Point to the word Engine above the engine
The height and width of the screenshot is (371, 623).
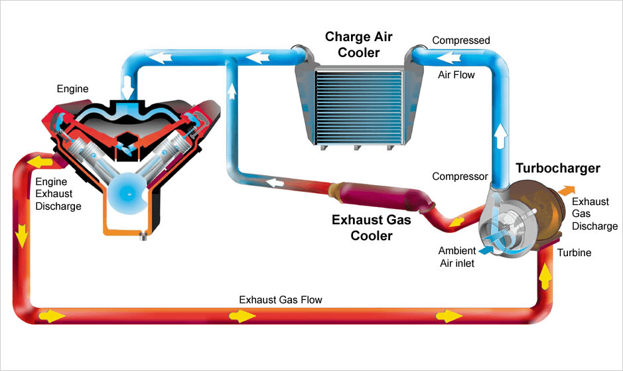[x=72, y=88]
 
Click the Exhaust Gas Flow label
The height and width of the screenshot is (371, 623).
[x=281, y=300]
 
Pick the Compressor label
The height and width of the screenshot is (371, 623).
[x=460, y=177]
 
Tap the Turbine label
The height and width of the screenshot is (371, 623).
[x=574, y=253]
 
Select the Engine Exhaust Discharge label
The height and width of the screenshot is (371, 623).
[x=58, y=194]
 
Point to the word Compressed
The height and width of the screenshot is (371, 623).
[x=461, y=40]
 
